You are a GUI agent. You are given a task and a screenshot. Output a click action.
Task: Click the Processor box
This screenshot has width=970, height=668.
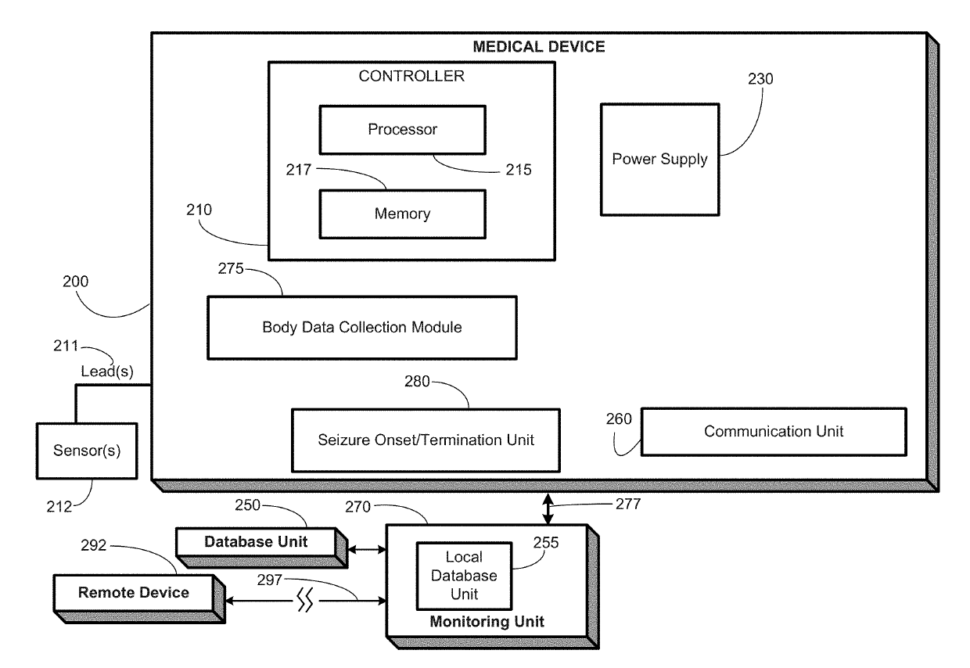tap(402, 130)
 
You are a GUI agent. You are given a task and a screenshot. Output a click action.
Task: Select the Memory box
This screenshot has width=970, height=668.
tap(402, 213)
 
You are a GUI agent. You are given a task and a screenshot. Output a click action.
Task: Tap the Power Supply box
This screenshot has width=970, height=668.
tap(659, 160)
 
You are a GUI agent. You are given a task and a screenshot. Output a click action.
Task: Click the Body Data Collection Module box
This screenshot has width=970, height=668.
tap(361, 327)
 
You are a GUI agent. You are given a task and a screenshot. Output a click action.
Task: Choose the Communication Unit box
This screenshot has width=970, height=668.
tap(773, 431)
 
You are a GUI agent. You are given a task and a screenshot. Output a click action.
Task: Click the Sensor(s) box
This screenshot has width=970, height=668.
tap(87, 451)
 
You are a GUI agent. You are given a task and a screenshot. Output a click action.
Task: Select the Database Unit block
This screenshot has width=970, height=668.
tap(256, 542)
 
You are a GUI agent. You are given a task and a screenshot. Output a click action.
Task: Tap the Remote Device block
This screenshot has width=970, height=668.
tap(133, 593)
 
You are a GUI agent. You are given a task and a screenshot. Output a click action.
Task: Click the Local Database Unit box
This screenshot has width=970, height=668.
tap(463, 576)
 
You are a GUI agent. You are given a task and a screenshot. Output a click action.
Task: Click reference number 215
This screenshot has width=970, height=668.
tap(518, 169)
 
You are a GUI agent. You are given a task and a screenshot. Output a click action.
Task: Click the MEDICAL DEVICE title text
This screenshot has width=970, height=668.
tap(539, 48)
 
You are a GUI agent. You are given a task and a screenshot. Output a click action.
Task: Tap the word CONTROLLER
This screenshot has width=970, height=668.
tap(411, 77)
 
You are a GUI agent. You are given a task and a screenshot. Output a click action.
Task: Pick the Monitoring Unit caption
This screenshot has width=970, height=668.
tap(487, 623)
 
